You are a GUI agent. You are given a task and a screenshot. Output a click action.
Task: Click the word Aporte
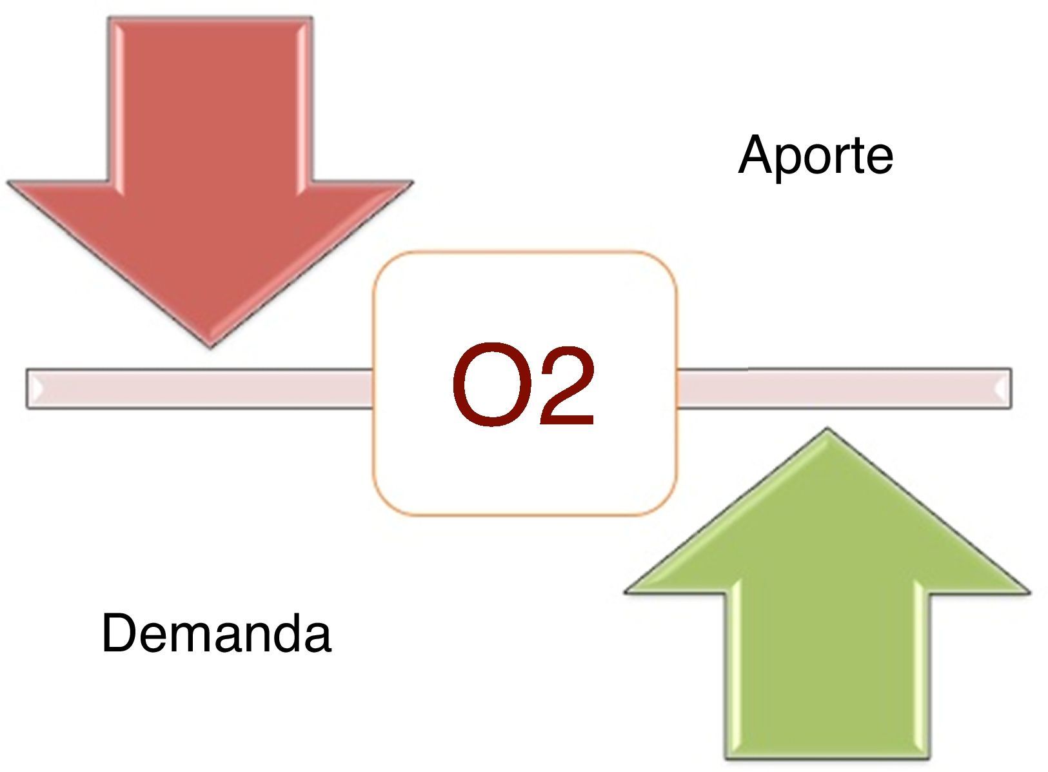(815, 155)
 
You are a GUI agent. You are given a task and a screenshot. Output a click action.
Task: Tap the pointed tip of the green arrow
(827, 431)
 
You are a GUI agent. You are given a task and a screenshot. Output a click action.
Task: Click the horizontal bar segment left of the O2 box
(200, 388)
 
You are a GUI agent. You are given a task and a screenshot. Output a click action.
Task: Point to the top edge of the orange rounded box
(524, 252)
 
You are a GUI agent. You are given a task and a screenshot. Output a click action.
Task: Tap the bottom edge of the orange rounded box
(524, 515)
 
